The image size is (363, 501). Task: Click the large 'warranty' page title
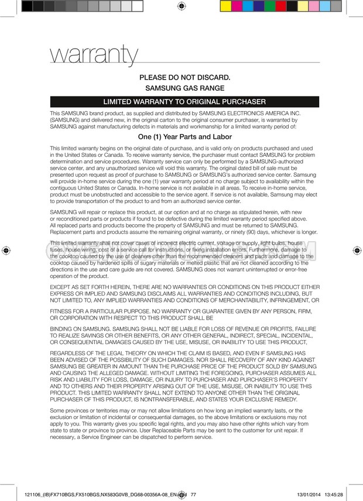pyautogui.click(x=95, y=55)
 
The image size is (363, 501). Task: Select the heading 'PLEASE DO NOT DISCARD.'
pyautogui.click(x=184, y=77)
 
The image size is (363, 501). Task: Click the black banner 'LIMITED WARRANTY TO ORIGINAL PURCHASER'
pyautogui.click(x=184, y=102)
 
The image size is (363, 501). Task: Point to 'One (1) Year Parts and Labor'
pyautogui.click(x=184, y=136)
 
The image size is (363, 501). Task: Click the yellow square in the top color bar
pyautogui.click(x=225, y=6)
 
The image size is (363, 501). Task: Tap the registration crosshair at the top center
pyautogui.click(x=181, y=6)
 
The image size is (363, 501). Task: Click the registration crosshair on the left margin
pyautogui.click(x=6, y=250)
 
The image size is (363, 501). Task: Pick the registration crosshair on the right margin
pyautogui.click(x=357, y=250)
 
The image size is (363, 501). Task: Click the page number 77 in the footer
pyautogui.click(x=194, y=494)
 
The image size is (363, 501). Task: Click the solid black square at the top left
pyautogui.click(x=27, y=6)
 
